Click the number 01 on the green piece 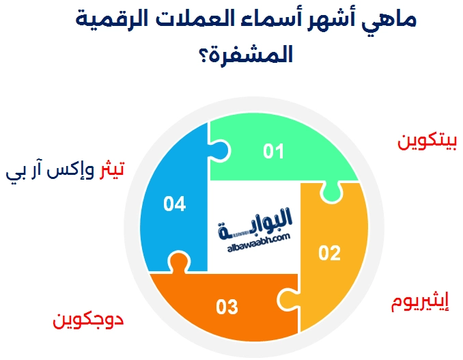point(273,151)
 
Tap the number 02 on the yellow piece point(329,253)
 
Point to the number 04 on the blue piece point(175,204)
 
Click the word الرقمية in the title point(108,20)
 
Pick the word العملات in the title point(186,20)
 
